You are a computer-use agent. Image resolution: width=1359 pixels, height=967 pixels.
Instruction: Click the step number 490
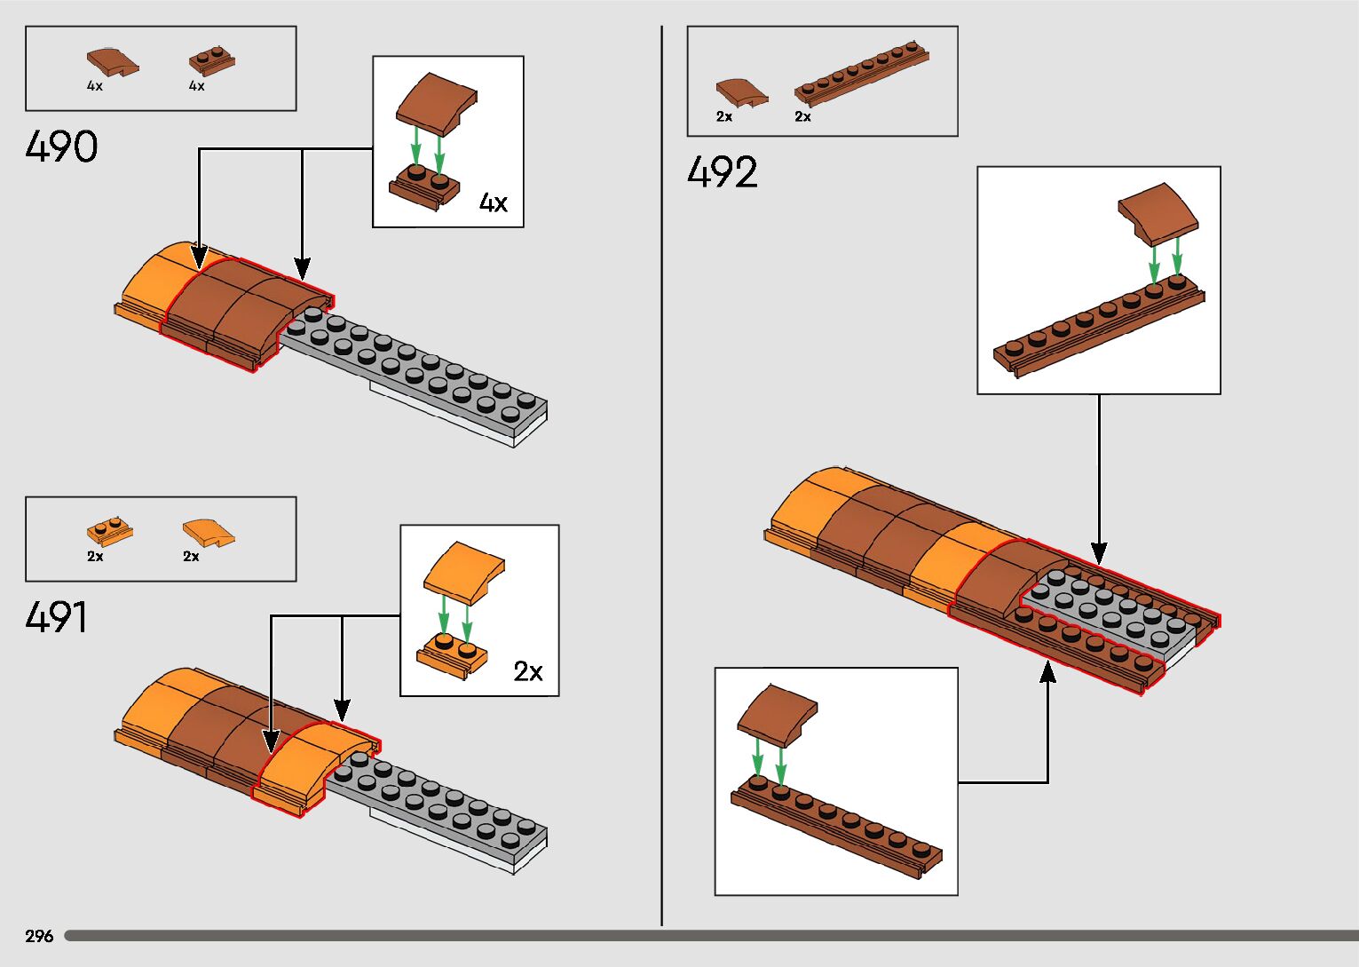click(61, 147)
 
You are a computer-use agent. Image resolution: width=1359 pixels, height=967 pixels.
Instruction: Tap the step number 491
click(57, 617)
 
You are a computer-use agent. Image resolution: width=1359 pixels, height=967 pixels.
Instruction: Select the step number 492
click(723, 172)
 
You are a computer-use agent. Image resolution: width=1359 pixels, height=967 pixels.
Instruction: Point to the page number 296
click(39, 936)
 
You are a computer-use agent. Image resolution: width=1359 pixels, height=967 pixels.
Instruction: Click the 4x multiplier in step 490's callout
click(494, 203)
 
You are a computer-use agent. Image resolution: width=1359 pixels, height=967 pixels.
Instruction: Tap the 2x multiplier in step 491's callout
click(528, 671)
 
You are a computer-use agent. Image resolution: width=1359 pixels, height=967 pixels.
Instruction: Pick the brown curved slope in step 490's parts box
click(112, 62)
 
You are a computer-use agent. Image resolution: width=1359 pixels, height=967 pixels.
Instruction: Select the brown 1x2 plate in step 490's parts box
click(211, 61)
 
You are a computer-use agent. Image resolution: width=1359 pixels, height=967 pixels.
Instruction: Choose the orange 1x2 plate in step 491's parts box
click(110, 532)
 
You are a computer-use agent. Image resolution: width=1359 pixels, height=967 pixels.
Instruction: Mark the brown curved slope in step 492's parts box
click(741, 92)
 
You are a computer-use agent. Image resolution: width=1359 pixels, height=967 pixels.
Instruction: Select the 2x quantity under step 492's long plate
click(802, 116)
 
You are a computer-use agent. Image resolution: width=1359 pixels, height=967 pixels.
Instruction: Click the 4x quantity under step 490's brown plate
click(196, 86)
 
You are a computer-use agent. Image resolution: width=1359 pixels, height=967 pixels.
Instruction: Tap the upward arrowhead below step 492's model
click(1048, 672)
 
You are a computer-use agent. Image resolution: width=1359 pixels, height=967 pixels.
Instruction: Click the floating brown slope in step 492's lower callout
click(777, 713)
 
